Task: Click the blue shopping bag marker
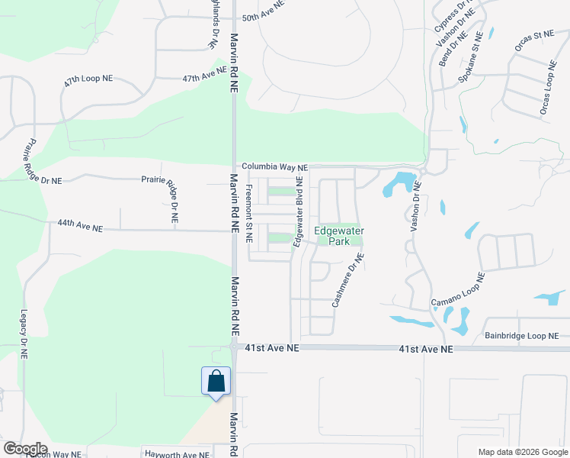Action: pos(216,381)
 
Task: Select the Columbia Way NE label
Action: pos(274,167)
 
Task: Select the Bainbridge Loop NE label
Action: pos(521,336)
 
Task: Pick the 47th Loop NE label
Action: pos(89,80)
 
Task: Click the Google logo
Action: pos(25,449)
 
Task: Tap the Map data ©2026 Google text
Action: pos(522,452)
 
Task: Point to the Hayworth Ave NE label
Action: pos(176,454)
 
